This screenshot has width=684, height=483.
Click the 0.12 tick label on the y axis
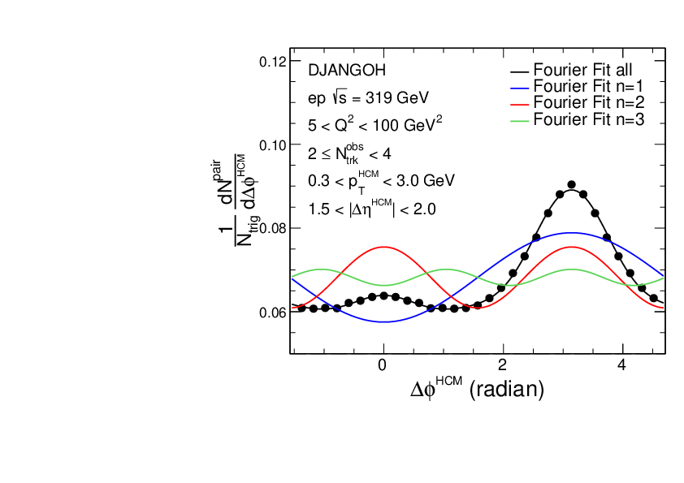[x=271, y=62]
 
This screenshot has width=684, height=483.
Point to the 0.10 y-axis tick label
[x=271, y=145]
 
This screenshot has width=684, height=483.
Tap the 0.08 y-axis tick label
[x=271, y=229]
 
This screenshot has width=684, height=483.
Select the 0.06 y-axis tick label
[x=271, y=313]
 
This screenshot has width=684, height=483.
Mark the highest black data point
[x=571, y=185]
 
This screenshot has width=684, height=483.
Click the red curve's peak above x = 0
[x=383, y=247]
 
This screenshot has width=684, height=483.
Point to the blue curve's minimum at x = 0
[x=383, y=322]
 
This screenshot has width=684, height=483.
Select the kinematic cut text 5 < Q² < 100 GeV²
[x=374, y=125]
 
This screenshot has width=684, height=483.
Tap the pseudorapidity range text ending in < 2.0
[x=372, y=209]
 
